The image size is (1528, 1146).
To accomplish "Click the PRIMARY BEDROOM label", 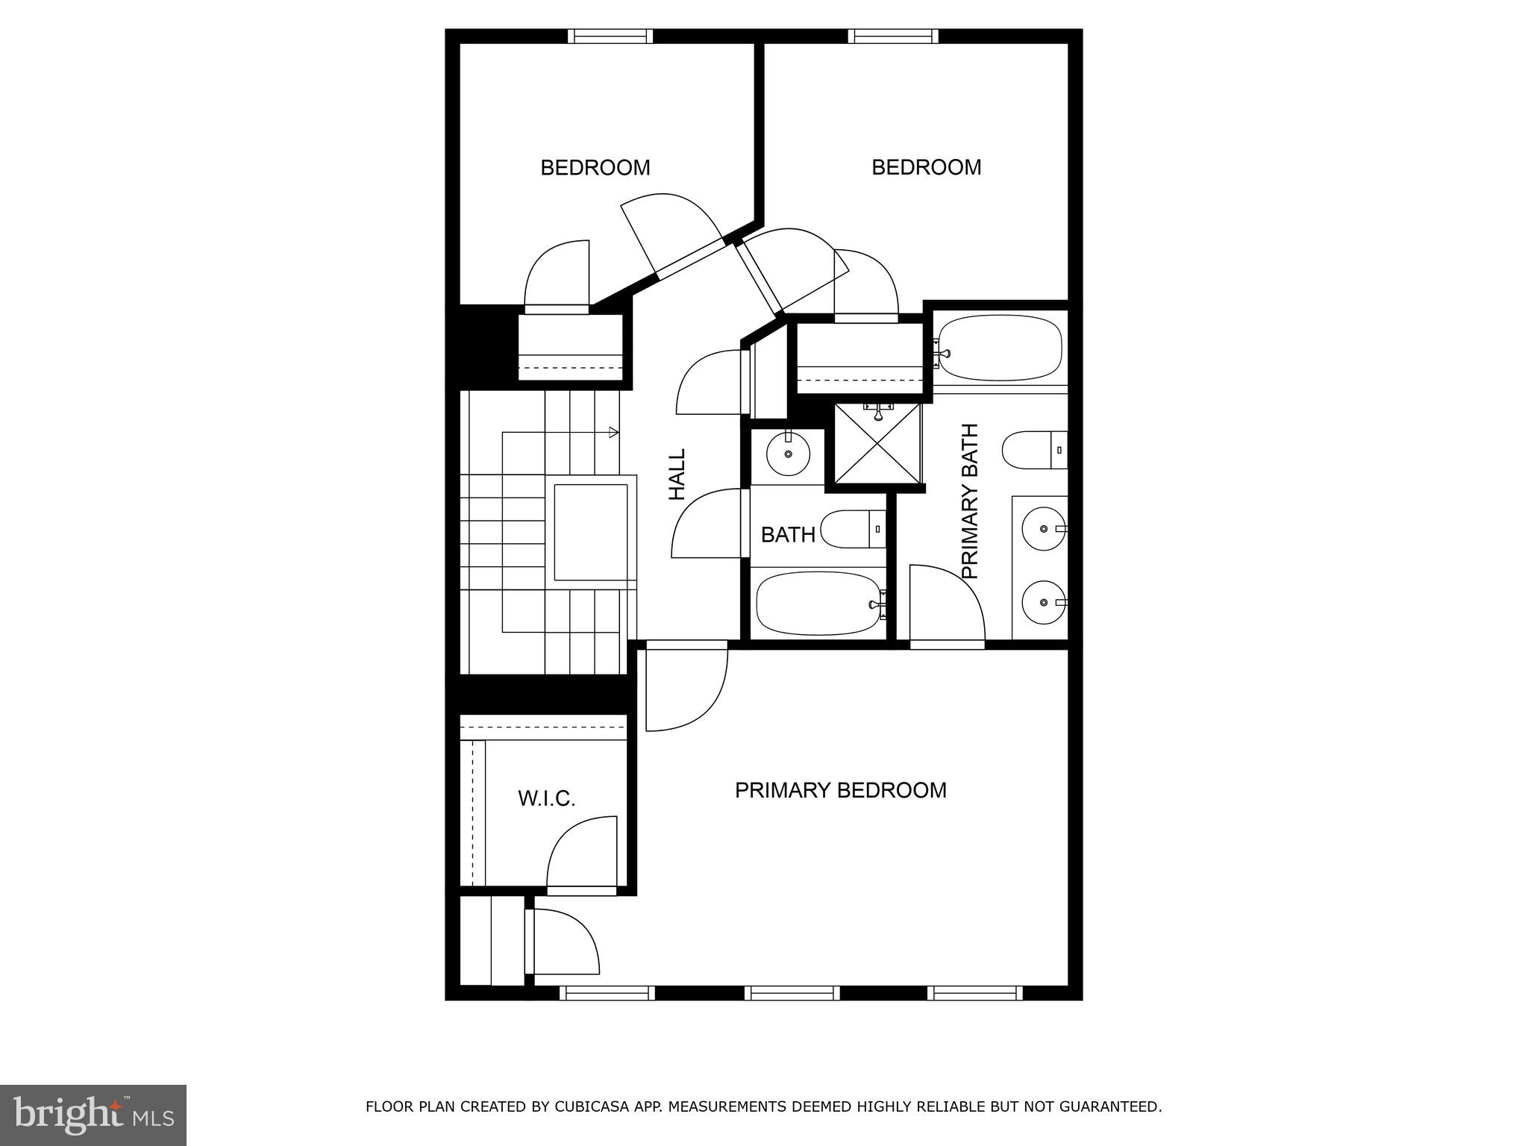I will pos(840,790).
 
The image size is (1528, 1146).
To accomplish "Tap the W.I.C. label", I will pos(546,799).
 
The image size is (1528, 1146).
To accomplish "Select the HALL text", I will pos(677,474).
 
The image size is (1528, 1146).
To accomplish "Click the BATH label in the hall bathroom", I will pos(787,535).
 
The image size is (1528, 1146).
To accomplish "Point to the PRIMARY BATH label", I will pos(969,501).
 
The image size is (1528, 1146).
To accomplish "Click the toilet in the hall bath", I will pos(852,529).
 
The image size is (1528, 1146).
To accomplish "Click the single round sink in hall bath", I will pos(787,454).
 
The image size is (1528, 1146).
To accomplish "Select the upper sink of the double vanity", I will pos(1042,528).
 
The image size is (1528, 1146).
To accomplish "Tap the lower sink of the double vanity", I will pos(1042,602).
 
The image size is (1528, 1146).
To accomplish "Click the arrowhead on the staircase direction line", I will pos(613,432).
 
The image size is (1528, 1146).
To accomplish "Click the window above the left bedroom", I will pos(610,36).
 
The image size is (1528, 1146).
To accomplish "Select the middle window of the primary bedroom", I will pos(792,993).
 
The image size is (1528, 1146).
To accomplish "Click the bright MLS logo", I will pos(93,1115).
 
